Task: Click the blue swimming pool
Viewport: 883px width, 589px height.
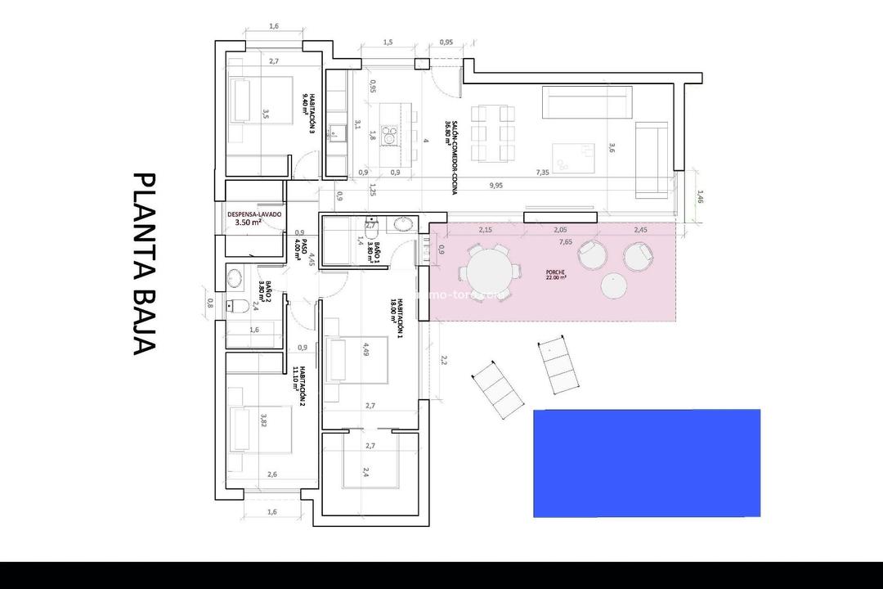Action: (x=647, y=463)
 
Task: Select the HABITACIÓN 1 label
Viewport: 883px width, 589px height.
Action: (x=397, y=318)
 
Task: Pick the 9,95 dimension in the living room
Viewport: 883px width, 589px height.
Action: (x=496, y=186)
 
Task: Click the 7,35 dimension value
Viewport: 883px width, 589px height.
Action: (x=542, y=173)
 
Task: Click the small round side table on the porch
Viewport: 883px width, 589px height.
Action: (x=613, y=286)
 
